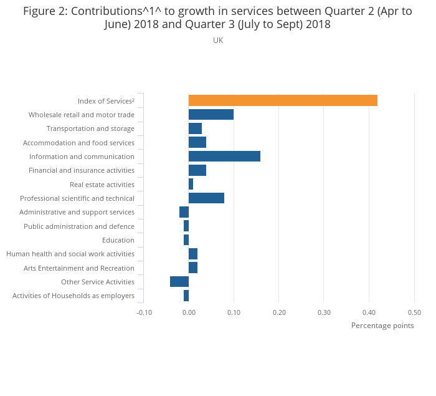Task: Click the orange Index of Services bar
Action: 283,100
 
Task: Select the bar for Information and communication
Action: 224,157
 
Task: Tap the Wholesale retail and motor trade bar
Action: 211,115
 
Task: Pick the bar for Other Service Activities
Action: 179,282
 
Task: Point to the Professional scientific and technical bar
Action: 206,198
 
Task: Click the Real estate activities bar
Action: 191,185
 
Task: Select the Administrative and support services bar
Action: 184,212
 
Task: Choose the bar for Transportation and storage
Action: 196,128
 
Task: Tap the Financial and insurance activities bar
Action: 197,170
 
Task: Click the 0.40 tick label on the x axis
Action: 369,312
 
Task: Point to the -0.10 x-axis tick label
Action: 144,312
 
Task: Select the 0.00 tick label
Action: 189,312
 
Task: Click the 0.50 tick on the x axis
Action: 414,312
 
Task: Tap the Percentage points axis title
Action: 382,326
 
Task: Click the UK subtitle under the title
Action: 218,41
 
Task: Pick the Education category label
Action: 118,240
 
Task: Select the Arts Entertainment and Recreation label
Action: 79,268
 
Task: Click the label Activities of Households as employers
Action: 73,296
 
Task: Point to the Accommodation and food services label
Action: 78,143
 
